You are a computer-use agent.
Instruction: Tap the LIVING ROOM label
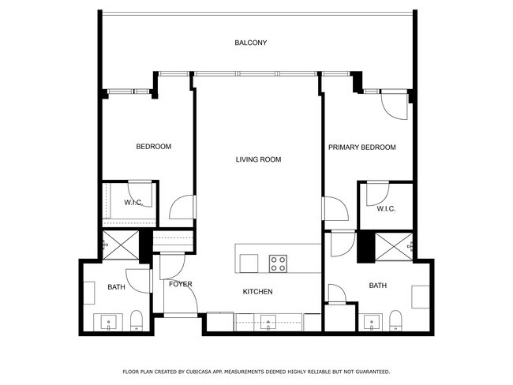[258, 159]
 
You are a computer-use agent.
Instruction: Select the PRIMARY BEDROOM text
[361, 147]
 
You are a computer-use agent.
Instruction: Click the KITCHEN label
[257, 292]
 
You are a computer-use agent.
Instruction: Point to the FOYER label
[180, 284]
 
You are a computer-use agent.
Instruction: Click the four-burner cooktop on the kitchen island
[278, 262]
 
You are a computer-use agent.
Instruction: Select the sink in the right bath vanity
[369, 322]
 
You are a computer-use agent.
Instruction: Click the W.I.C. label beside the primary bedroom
[385, 208]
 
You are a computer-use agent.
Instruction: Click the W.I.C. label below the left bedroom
[133, 203]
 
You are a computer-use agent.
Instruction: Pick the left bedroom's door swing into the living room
[182, 207]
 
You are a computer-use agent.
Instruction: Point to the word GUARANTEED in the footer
[371, 371]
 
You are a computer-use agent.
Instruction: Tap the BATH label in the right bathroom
[377, 286]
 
